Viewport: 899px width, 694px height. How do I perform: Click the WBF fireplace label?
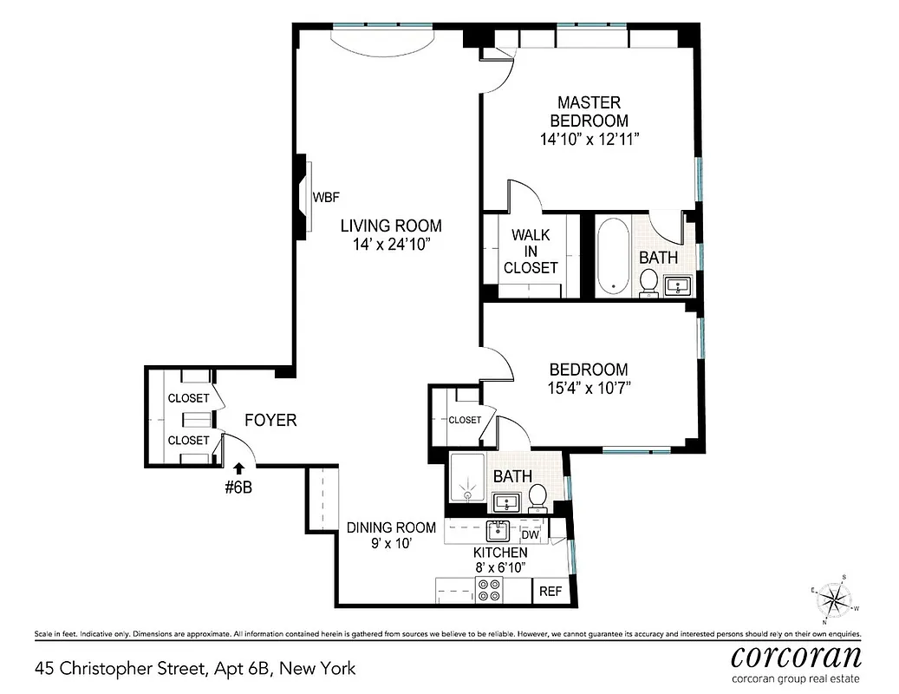click(x=326, y=197)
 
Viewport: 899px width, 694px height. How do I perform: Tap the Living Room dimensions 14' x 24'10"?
click(x=390, y=245)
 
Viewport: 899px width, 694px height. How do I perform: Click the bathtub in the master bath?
click(x=614, y=255)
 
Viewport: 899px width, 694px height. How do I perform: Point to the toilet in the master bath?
click(x=648, y=282)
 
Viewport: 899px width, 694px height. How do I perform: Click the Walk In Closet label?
click(x=531, y=252)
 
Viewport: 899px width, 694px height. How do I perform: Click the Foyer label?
click(x=270, y=421)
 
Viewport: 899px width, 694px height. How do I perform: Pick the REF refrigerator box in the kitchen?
click(x=550, y=592)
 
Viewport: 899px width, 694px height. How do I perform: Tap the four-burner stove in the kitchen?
click(x=489, y=591)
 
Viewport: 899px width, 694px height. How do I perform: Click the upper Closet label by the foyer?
click(x=188, y=398)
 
